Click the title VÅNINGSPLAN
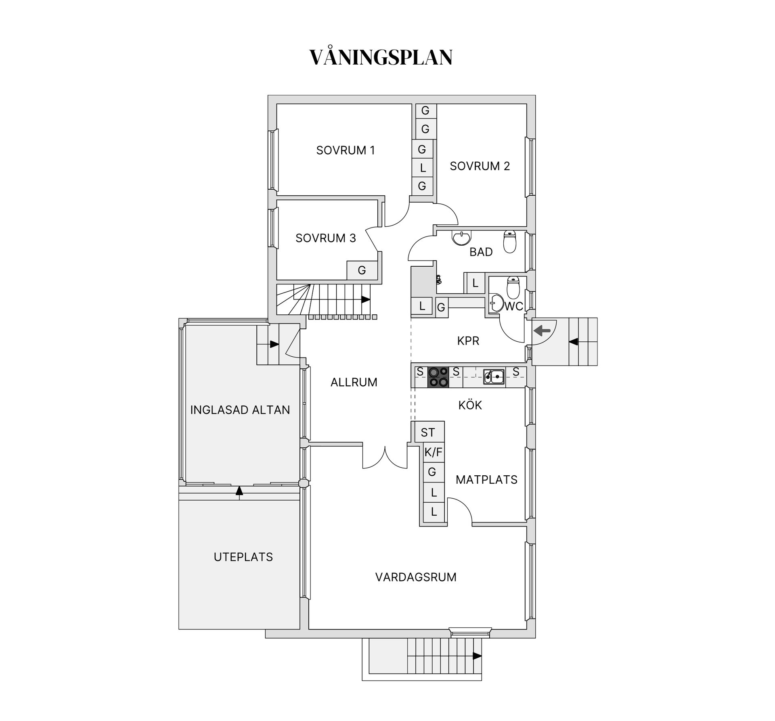click(381, 57)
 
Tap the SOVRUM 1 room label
click(346, 150)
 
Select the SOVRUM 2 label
click(480, 166)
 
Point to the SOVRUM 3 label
click(325, 238)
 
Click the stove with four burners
click(438, 377)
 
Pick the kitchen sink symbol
click(494, 377)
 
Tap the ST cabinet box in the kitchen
click(428, 433)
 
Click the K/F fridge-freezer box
click(434, 453)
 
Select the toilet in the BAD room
click(510, 242)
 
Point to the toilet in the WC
click(513, 286)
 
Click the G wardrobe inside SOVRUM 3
click(362, 270)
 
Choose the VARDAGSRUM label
click(416, 577)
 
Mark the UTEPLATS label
click(243, 557)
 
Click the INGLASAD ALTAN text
click(240, 410)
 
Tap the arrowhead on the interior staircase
click(366, 299)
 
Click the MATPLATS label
click(486, 480)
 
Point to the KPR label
click(468, 341)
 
